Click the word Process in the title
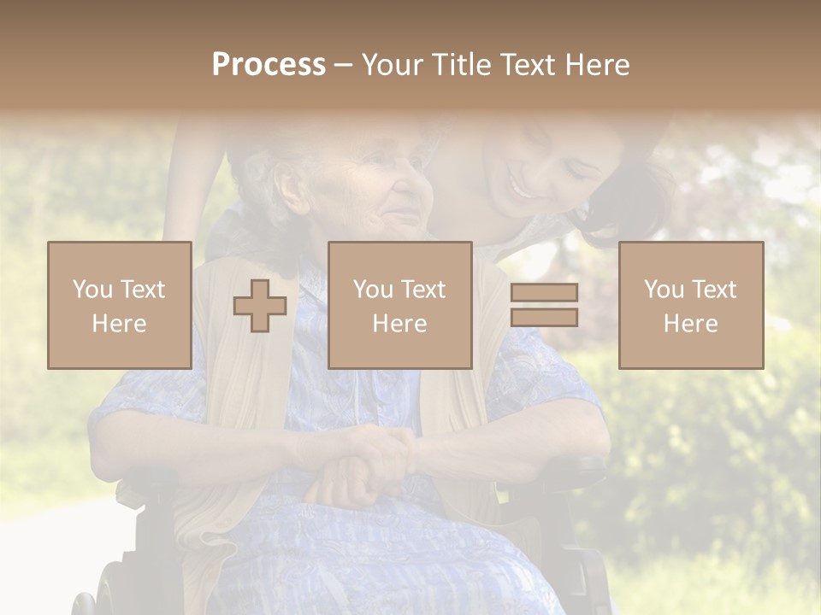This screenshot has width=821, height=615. pos(269,65)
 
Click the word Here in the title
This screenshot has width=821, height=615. pos(595,65)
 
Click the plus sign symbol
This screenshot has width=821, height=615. pos(260,306)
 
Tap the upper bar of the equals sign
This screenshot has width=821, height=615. pos(544,292)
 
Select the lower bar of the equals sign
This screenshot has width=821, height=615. pos(544,318)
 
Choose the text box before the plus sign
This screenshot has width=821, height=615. pos(120,305)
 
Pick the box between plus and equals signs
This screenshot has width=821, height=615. pos(400,305)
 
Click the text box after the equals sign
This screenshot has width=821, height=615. pos(691,305)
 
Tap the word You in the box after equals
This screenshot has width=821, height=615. pos(664,290)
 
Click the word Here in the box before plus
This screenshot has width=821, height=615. pos(120,324)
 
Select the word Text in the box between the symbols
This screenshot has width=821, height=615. pos(422,290)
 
